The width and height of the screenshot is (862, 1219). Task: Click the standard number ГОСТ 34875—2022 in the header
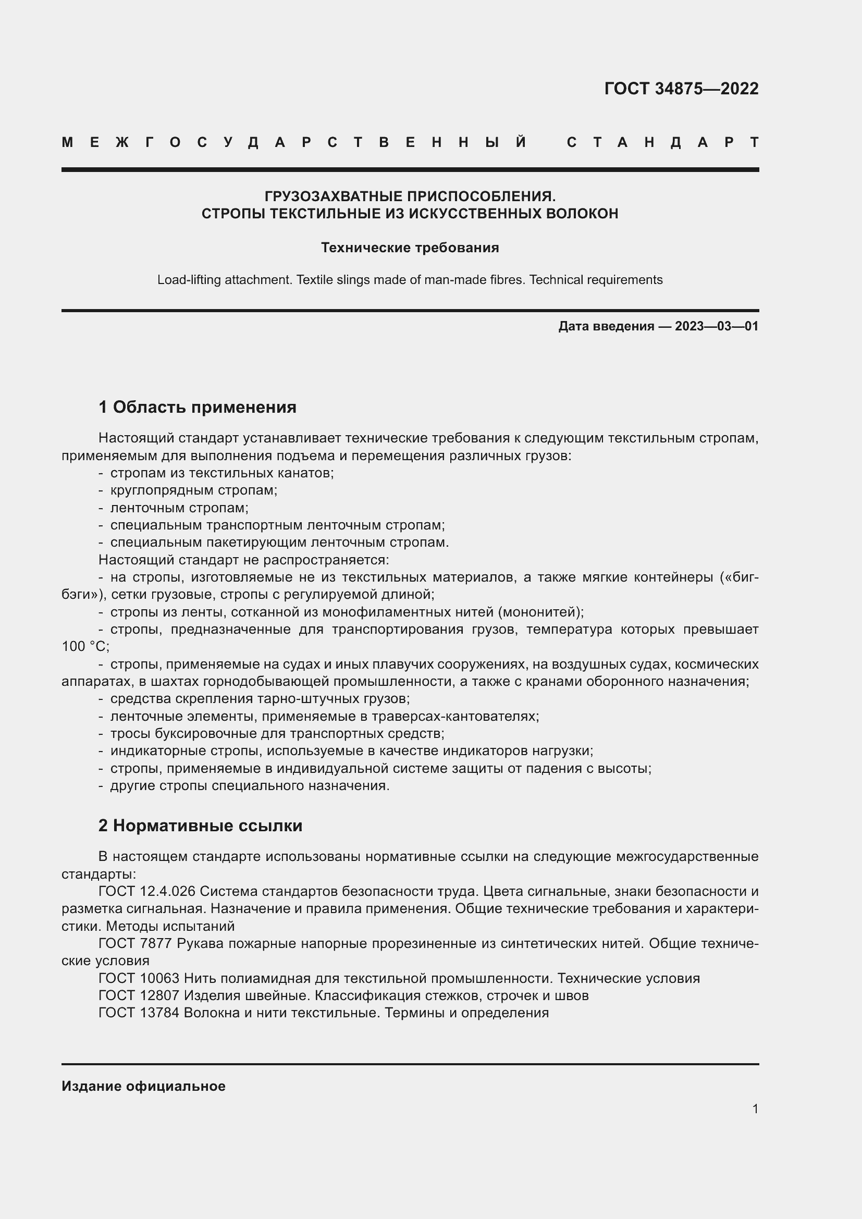tap(681, 89)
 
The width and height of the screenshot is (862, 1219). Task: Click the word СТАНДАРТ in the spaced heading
tap(662, 142)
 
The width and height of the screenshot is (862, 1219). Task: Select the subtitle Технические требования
tap(410, 248)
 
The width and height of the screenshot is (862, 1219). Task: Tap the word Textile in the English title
tap(315, 280)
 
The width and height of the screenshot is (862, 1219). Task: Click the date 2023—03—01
tap(717, 326)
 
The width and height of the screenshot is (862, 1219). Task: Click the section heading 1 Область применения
tap(197, 407)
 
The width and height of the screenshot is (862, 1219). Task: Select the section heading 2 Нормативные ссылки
tap(200, 826)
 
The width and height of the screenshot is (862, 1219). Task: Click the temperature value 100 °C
tap(85, 647)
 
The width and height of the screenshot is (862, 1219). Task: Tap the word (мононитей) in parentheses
tap(540, 612)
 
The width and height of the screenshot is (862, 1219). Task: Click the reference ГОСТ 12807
tap(139, 995)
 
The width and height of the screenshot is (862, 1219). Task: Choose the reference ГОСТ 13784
tap(139, 1013)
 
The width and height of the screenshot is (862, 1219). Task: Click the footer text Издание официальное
tap(143, 1086)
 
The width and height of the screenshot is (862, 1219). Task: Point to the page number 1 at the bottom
tap(755, 1109)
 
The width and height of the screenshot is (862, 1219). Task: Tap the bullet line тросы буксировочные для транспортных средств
tap(277, 734)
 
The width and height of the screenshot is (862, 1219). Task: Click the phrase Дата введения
tap(606, 326)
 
